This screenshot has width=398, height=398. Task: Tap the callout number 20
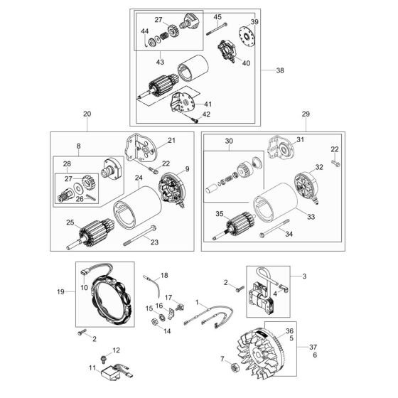tap(87, 114)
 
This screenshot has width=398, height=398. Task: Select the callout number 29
tap(306, 114)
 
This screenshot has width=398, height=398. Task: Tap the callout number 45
tap(217, 17)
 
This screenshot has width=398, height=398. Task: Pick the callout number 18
tap(164, 274)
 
